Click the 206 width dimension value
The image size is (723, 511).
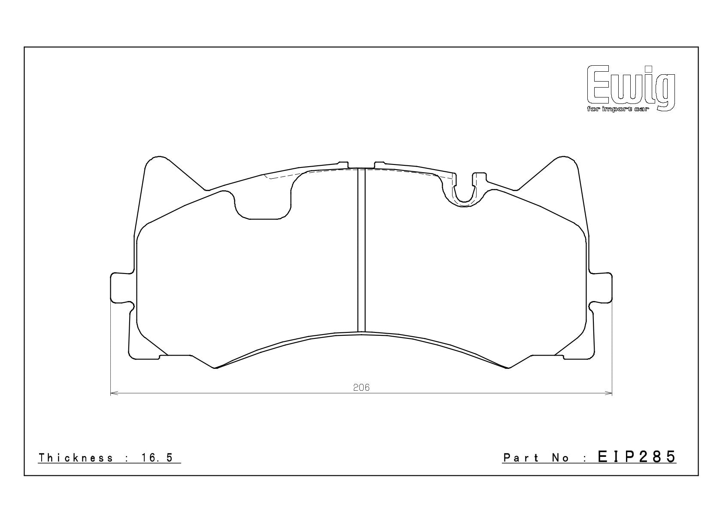coord(361,387)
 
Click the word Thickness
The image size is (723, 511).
coord(76,458)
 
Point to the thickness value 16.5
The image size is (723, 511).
coord(157,458)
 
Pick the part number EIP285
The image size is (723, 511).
coord(637,457)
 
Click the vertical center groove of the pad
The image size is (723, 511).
coord(361,250)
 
